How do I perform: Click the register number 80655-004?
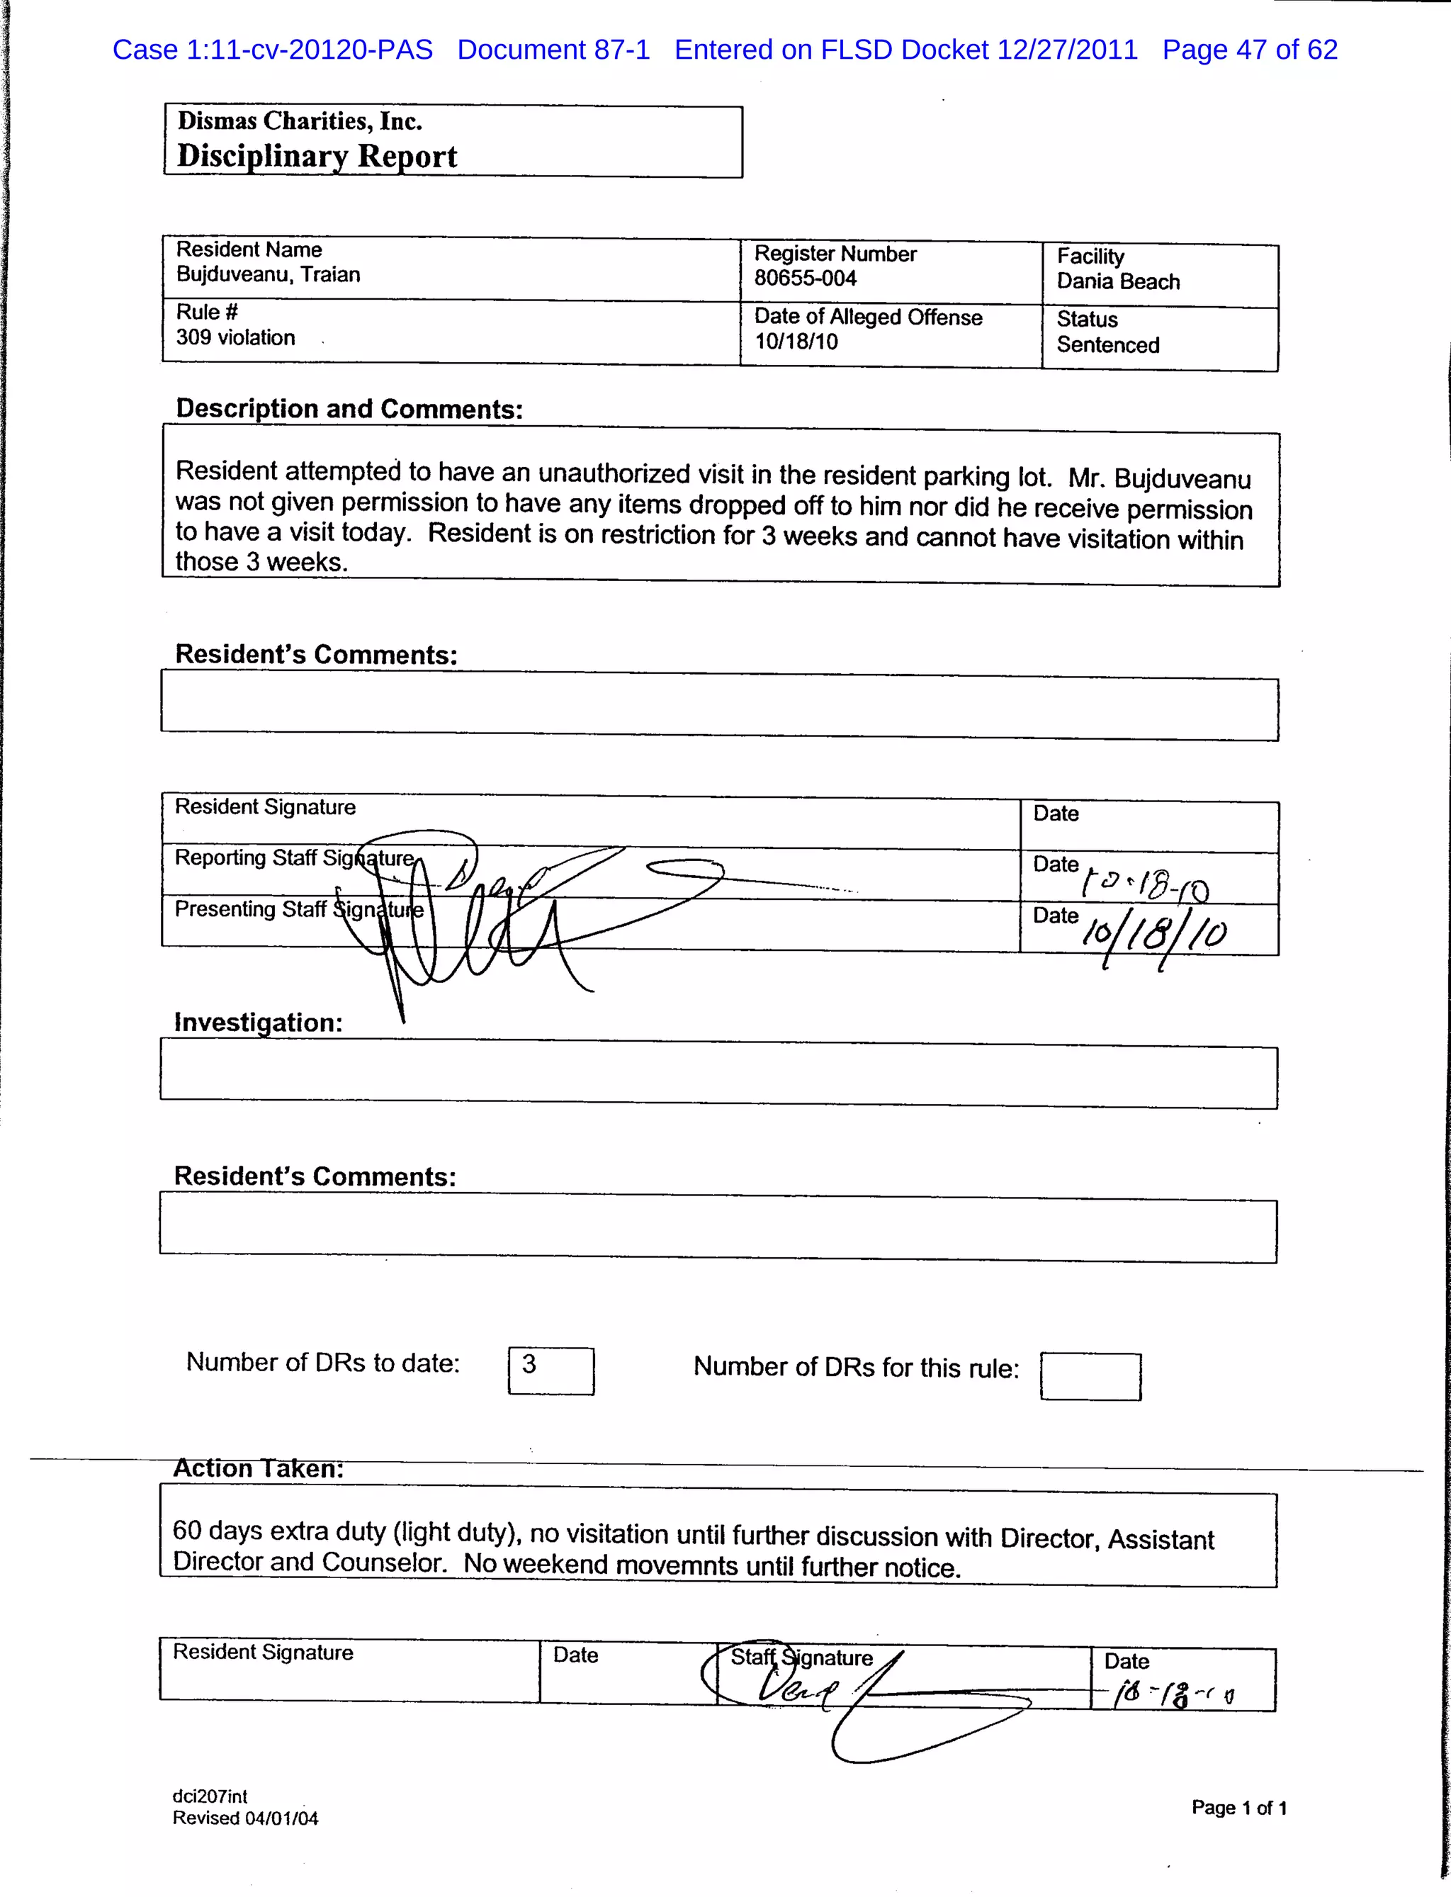coord(805,278)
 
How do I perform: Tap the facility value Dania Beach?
coord(1117,281)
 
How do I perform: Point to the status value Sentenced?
coord(1107,344)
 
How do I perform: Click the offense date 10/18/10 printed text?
coord(796,342)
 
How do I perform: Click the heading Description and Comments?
coord(349,409)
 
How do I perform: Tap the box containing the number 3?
coord(551,1370)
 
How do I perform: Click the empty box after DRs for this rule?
coord(1090,1376)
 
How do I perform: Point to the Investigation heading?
coord(258,1022)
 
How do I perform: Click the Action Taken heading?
coord(258,1468)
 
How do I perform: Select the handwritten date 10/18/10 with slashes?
coord(1154,934)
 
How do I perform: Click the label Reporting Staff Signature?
coord(293,858)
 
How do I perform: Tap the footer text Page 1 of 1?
coord(1238,1807)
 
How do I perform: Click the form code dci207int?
coord(210,1796)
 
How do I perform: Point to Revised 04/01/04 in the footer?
coord(245,1818)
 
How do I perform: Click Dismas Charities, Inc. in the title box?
coord(300,121)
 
